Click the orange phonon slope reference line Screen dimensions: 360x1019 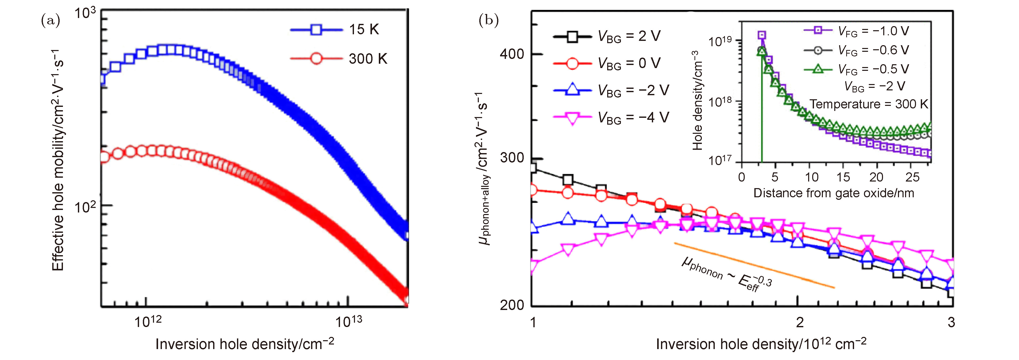coord(754,265)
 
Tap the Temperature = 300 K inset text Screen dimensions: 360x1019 coord(868,104)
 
